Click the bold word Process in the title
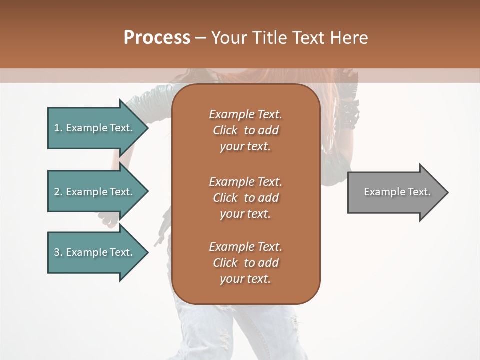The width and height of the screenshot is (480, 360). [157, 38]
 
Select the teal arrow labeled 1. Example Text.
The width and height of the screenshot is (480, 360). [95, 128]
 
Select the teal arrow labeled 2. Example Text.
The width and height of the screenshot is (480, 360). [95, 192]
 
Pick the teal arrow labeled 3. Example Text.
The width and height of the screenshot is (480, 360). [95, 252]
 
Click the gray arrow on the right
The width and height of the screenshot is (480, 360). [395, 192]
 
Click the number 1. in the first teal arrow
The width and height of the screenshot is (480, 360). [58, 128]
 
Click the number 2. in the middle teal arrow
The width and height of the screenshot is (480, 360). [58, 192]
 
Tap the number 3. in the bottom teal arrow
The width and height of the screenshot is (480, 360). [58, 252]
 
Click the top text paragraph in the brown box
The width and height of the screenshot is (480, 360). [245, 130]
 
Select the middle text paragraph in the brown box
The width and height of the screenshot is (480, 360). [245, 198]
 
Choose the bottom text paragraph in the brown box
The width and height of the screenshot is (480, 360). [245, 263]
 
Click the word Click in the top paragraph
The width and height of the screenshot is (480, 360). [225, 130]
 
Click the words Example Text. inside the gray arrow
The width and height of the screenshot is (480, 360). [397, 192]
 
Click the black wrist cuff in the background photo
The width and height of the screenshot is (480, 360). [349, 112]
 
